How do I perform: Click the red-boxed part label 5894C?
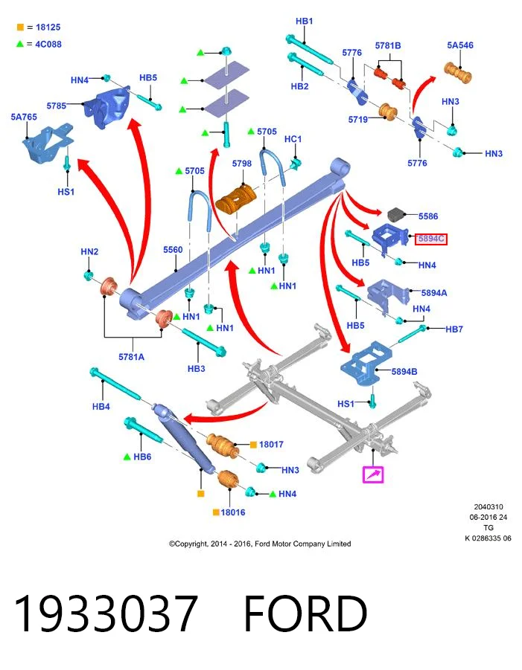coord(431,239)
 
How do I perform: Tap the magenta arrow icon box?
coord(373,474)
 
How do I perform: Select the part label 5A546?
coord(460,45)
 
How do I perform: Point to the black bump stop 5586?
coord(397,215)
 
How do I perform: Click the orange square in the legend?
coord(20,27)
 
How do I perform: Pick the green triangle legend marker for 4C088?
coord(19,44)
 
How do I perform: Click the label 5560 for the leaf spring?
coord(173,250)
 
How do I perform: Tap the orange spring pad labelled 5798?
coord(236,199)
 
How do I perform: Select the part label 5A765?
coord(24,117)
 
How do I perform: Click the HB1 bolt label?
coord(305,21)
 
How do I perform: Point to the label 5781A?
coord(131,357)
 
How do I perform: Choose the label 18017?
coord(271,445)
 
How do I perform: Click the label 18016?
coord(233,512)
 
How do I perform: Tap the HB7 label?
coord(454,329)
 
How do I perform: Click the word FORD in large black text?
coord(305,613)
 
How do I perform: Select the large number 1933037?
coord(106,613)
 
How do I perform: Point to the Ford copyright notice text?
coord(260,544)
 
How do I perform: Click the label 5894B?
coord(404,372)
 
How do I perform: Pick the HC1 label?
coord(293,139)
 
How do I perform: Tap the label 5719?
coord(358,119)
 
